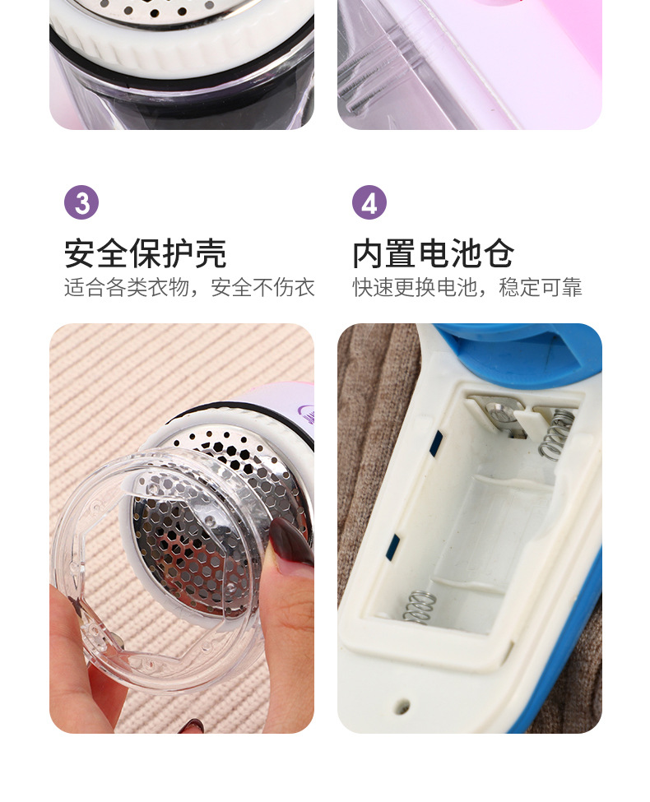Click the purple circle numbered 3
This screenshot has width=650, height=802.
[x=81, y=202]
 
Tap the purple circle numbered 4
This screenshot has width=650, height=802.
[x=369, y=202]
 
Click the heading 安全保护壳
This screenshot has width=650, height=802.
[x=146, y=253]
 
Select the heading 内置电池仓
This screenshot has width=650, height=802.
[x=433, y=253]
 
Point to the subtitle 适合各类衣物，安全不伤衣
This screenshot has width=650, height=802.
[x=189, y=287]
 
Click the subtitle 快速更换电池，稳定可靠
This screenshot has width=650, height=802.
[x=467, y=287]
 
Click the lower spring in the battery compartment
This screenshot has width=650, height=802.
[x=418, y=608]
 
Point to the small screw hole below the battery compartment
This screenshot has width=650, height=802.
[x=403, y=707]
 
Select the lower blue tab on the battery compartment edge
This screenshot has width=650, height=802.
[x=393, y=546]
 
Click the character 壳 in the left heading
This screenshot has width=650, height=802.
[x=211, y=253]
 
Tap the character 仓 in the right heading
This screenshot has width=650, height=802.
[x=499, y=253]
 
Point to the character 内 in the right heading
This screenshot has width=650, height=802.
[x=368, y=253]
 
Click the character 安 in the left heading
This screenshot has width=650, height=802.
[x=80, y=253]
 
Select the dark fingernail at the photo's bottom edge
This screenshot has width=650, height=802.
[x=193, y=726]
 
